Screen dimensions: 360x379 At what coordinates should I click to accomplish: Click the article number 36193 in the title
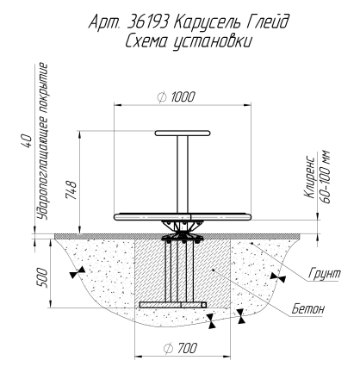point(146,22)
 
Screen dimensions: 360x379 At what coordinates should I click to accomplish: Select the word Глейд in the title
point(266,22)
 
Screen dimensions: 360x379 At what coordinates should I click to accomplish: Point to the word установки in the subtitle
point(213,42)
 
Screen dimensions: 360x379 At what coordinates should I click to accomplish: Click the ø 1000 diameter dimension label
point(176,96)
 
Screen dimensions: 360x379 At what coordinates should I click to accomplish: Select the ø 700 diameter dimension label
point(180,348)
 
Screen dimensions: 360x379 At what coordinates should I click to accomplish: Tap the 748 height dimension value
point(71,189)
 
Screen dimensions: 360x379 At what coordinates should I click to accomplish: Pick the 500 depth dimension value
point(41,277)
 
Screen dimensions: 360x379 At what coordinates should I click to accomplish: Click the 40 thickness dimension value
point(27,140)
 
